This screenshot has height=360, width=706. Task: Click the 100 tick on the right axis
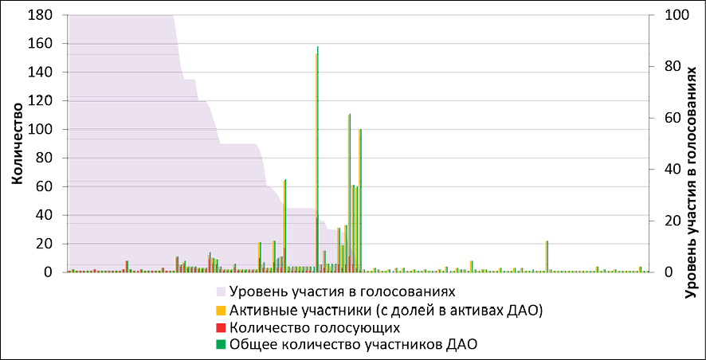[x=660, y=15]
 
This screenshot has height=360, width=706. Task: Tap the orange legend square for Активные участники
[x=222, y=309]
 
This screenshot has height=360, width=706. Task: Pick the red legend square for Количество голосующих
[x=222, y=327]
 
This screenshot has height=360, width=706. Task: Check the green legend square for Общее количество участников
[x=222, y=344]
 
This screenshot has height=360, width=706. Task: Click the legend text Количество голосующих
[x=314, y=327]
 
